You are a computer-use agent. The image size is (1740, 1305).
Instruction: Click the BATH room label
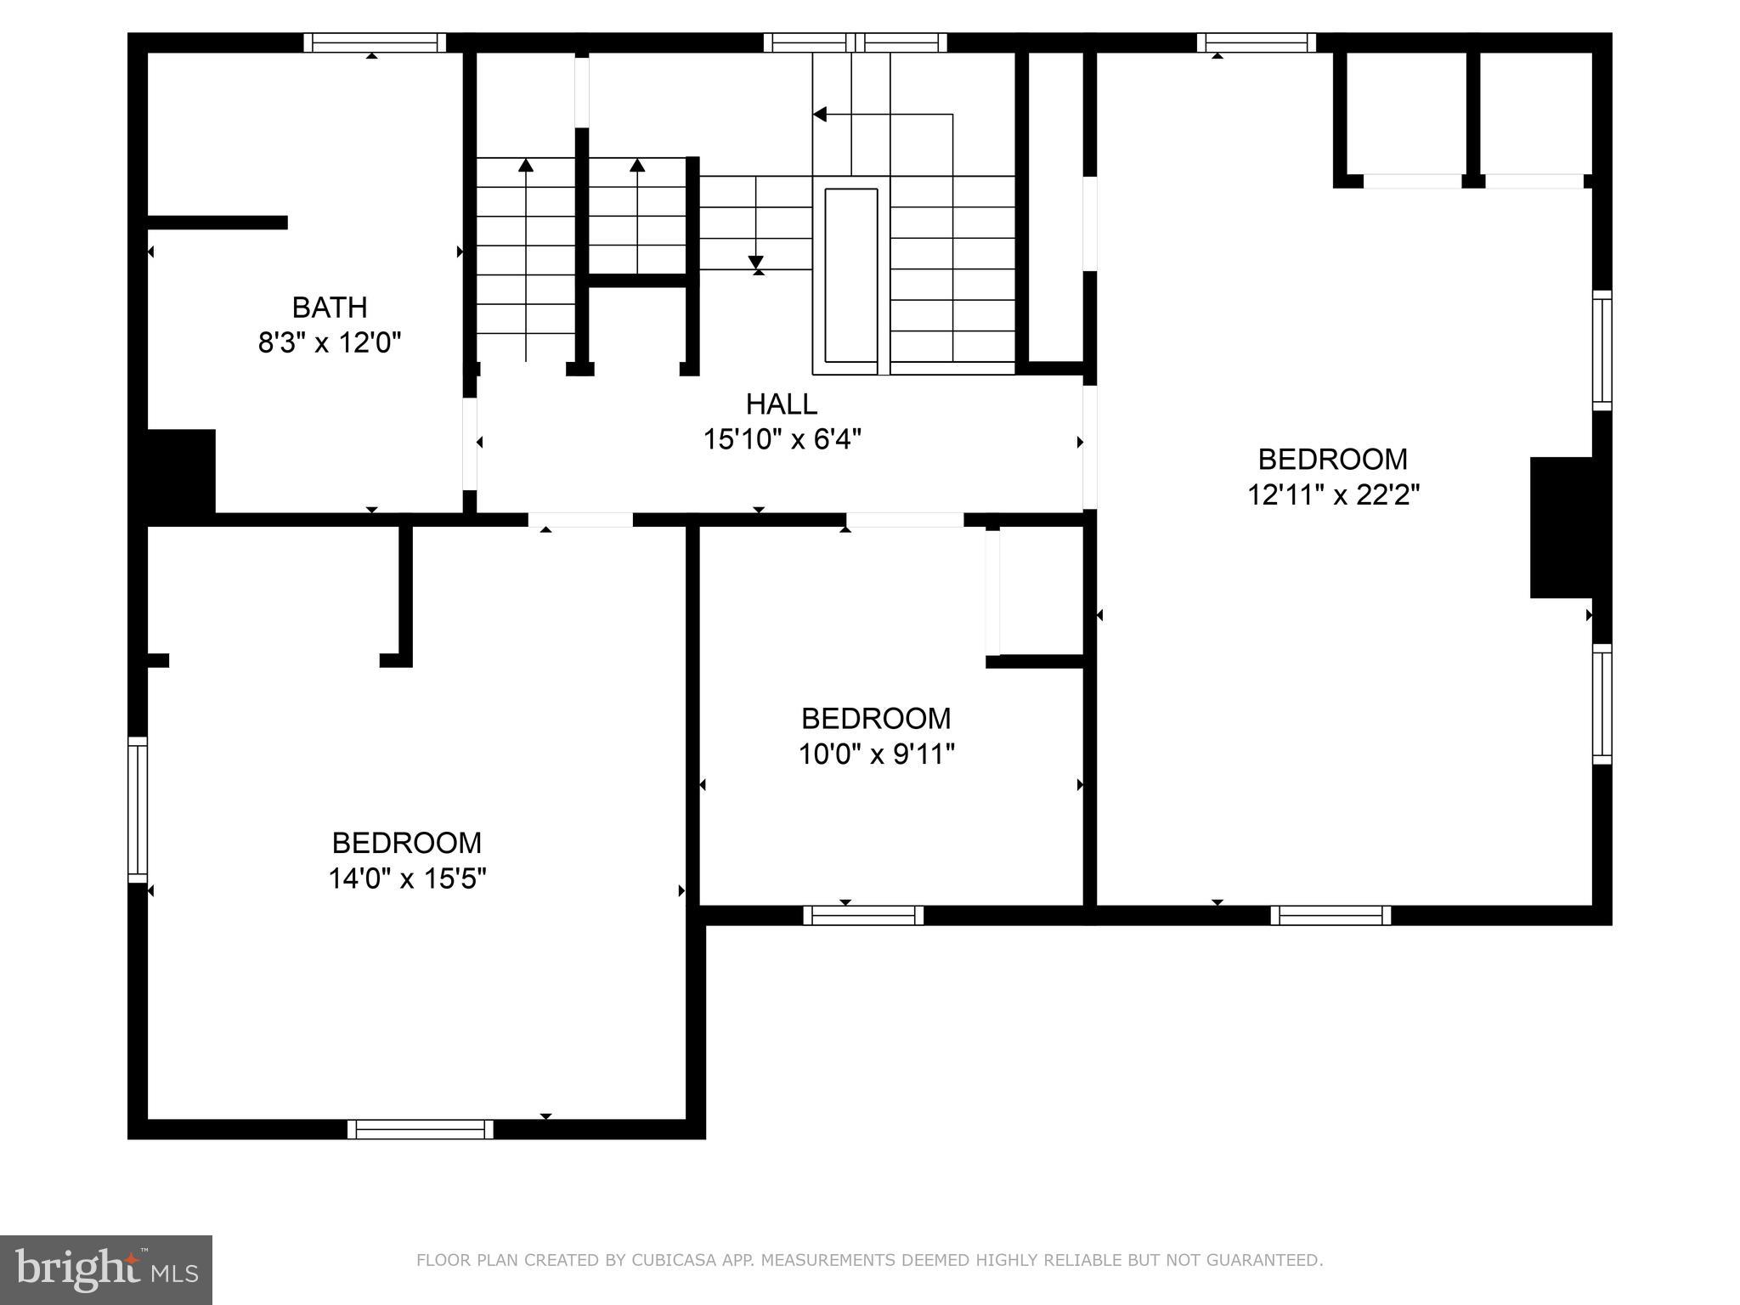click(330, 307)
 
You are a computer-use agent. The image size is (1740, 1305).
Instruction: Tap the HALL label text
click(782, 404)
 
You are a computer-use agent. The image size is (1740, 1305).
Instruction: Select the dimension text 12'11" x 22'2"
click(1333, 494)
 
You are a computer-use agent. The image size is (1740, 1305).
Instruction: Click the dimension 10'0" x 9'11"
click(876, 754)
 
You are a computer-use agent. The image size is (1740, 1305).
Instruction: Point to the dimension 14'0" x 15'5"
click(407, 878)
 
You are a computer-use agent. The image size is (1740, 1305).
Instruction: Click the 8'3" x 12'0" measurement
click(330, 342)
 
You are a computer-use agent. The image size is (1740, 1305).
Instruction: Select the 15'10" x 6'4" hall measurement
click(782, 439)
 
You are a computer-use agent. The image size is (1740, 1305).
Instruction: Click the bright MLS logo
click(105, 1269)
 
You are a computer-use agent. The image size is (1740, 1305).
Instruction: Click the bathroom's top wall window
click(375, 42)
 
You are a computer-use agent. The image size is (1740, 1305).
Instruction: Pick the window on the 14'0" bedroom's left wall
click(138, 810)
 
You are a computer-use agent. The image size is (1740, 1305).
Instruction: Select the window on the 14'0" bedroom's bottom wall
click(420, 1129)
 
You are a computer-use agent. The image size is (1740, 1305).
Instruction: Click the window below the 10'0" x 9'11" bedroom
click(863, 915)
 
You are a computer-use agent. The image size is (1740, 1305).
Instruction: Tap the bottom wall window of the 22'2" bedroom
click(1330, 915)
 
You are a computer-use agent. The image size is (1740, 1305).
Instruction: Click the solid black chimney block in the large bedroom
click(1562, 528)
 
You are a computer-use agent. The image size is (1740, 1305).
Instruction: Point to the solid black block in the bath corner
click(181, 471)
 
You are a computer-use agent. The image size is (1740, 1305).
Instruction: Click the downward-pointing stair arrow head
click(755, 263)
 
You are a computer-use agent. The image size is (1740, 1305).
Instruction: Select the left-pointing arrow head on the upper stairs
click(820, 114)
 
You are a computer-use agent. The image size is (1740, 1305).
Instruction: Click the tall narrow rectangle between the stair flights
click(850, 280)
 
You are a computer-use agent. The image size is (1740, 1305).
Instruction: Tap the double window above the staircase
click(855, 42)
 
